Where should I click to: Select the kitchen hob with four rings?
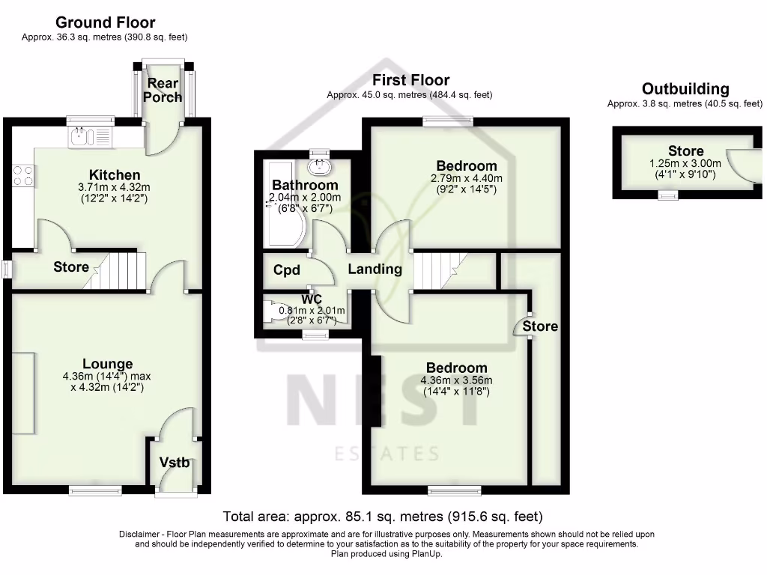click(x=22, y=176)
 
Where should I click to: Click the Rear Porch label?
click(x=163, y=90)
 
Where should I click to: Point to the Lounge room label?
click(x=108, y=365)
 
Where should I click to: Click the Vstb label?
click(x=175, y=463)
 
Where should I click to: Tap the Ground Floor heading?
click(x=106, y=22)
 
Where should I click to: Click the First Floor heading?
click(x=410, y=80)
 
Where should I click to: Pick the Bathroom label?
click(x=305, y=185)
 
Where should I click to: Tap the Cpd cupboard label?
click(x=287, y=270)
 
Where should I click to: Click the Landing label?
click(x=375, y=270)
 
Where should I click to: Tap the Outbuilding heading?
click(x=685, y=89)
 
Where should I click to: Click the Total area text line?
click(x=383, y=517)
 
